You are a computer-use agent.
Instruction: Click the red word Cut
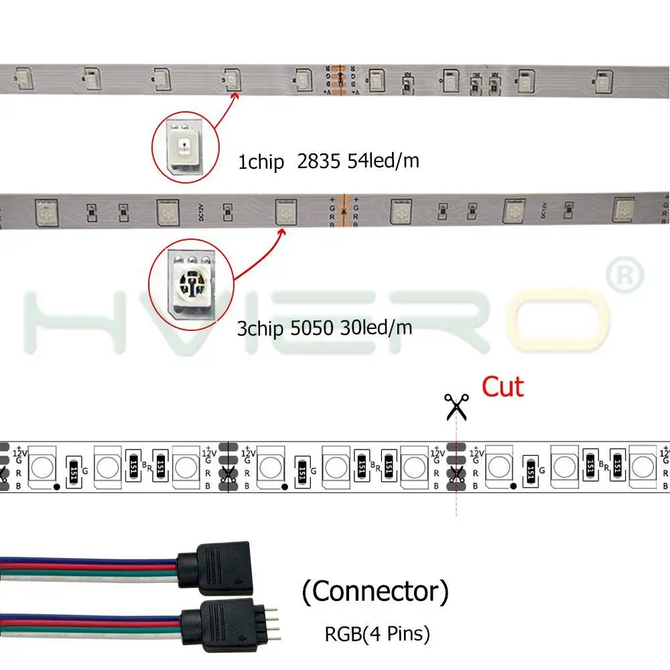click(503, 387)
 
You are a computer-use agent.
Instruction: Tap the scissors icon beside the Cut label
click(456, 406)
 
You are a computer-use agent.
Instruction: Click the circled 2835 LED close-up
click(183, 145)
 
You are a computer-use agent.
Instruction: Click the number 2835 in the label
click(318, 161)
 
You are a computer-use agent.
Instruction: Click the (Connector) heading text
click(375, 591)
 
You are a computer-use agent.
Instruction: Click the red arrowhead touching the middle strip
click(282, 232)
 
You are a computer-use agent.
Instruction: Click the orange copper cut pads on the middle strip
click(343, 211)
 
